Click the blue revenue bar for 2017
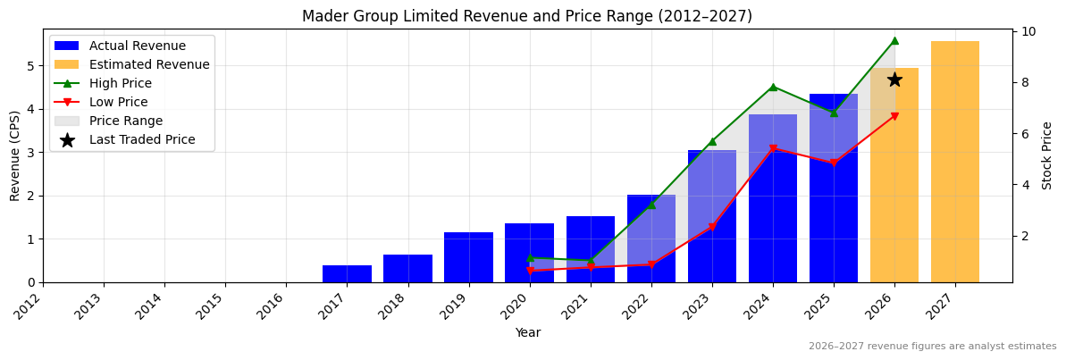tap(347, 273)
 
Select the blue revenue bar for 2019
tap(468, 257)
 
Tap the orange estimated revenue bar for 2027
tap(954, 162)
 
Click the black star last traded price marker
tap(894, 80)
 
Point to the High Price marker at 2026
tap(894, 40)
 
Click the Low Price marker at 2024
tap(773, 148)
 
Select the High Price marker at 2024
tap(773, 87)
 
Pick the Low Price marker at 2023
tap(712, 227)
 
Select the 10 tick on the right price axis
tap(1029, 31)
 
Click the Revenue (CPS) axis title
tap(15, 155)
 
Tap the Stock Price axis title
tap(1047, 155)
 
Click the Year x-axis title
tap(527, 333)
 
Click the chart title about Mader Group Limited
tap(527, 16)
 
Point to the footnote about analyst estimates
tap(932, 347)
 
